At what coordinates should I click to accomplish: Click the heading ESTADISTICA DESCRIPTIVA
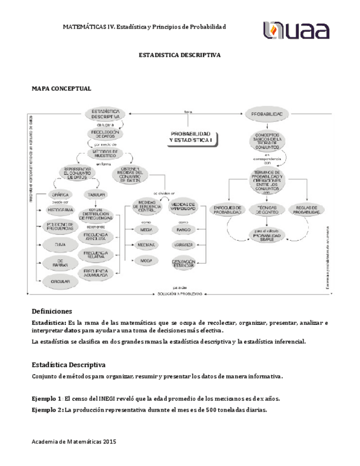click(x=179, y=56)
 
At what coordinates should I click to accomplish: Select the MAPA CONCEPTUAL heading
click(x=62, y=88)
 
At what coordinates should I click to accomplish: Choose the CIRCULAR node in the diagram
click(x=60, y=281)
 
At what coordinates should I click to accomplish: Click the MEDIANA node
click(x=146, y=245)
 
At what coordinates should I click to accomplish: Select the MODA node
click(x=146, y=260)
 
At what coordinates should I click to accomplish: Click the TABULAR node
click(x=96, y=194)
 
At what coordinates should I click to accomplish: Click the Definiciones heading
click(x=52, y=311)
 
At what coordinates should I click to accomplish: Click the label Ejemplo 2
click(x=47, y=410)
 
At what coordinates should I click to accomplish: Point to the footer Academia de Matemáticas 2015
click(x=74, y=441)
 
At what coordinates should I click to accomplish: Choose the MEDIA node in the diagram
click(x=146, y=229)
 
